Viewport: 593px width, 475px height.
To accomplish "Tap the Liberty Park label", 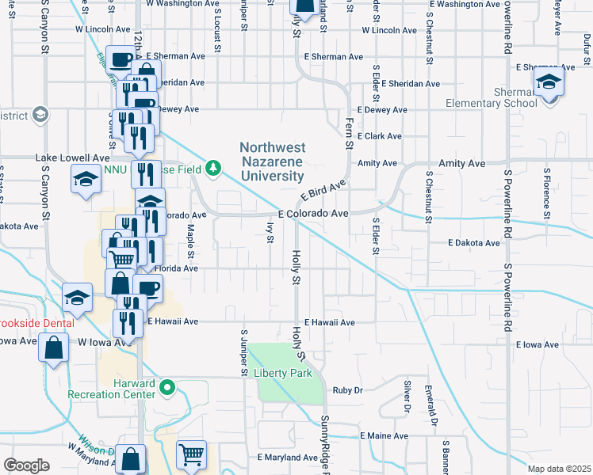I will (283, 373).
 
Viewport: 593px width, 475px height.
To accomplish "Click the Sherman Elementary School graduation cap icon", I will (548, 82).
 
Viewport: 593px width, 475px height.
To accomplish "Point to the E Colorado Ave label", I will (313, 214).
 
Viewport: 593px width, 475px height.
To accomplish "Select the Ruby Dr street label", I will (347, 389).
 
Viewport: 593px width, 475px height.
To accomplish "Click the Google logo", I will (26, 465).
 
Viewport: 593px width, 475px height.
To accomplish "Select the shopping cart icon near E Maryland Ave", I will (192, 454).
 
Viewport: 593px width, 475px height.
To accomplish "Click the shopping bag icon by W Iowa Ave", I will (53, 348).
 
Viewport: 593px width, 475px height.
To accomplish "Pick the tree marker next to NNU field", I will (212, 168).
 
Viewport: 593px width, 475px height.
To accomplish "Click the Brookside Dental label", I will (36, 323).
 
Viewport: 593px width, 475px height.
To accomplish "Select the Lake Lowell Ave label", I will (72, 158).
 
